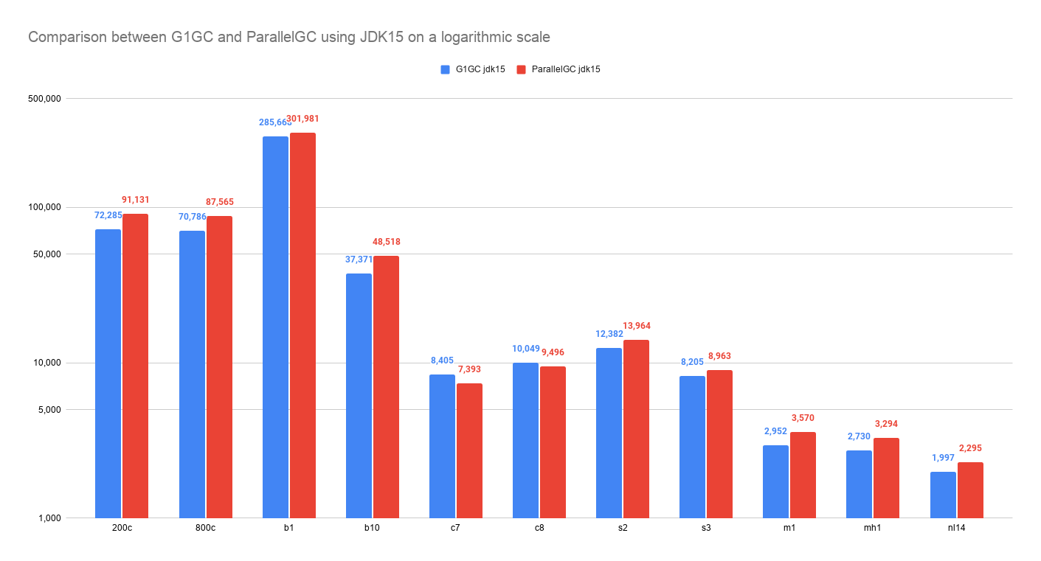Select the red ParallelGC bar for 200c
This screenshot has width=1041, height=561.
click(135, 366)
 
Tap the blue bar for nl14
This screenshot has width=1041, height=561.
click(943, 495)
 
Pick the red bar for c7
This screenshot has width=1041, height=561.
click(469, 450)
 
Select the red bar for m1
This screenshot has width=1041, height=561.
click(803, 475)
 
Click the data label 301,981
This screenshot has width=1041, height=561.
click(302, 119)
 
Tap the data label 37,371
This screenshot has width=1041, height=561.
click(359, 259)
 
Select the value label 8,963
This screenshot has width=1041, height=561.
click(719, 356)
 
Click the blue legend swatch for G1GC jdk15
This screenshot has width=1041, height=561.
click(445, 69)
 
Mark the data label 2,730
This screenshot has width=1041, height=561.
click(859, 436)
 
